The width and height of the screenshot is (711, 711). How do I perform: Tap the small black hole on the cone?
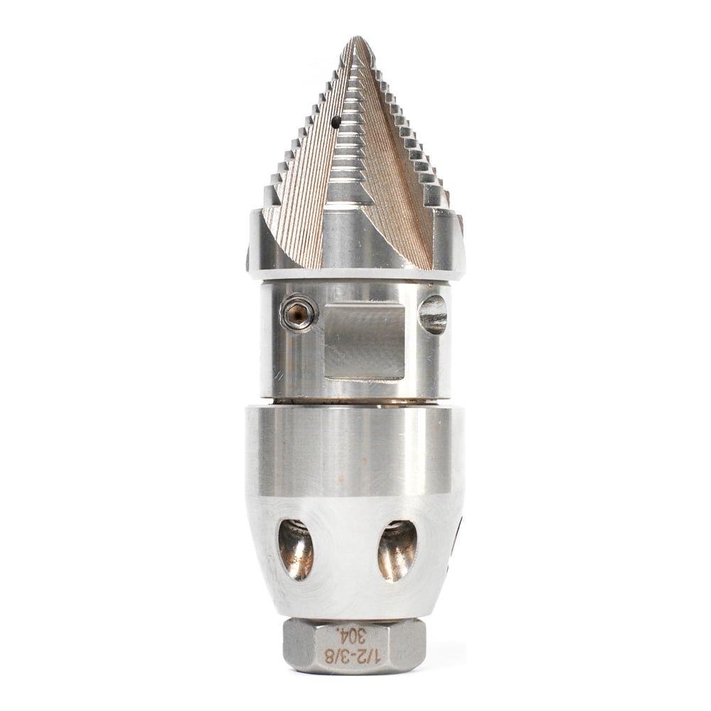(x=336, y=121)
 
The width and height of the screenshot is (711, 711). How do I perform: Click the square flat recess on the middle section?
(x=364, y=341)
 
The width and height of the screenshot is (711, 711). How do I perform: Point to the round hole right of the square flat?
(x=433, y=314)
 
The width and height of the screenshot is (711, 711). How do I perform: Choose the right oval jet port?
(x=397, y=550)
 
